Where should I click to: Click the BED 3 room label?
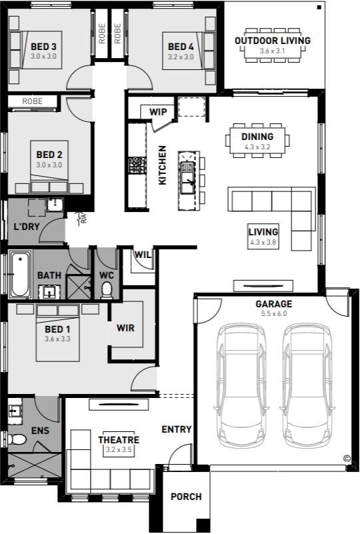click(x=43, y=46)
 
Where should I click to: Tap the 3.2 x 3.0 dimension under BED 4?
click(x=181, y=57)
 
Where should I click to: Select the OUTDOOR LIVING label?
click(x=273, y=41)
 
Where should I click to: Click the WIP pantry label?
click(x=158, y=112)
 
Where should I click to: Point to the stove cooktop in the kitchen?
click(x=137, y=165)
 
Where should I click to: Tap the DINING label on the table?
click(x=257, y=137)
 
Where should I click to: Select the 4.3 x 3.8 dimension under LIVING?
click(x=263, y=243)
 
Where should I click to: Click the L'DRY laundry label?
click(x=27, y=227)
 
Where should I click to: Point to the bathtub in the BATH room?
click(x=20, y=274)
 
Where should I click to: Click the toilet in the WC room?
click(x=107, y=290)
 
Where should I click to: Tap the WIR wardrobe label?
click(x=126, y=328)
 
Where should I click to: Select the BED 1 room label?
click(x=57, y=329)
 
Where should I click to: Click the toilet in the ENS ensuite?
click(x=17, y=439)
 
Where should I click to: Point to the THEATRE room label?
click(x=119, y=439)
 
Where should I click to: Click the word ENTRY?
click(x=177, y=429)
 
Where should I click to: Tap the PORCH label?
click(x=186, y=497)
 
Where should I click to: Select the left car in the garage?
click(x=241, y=386)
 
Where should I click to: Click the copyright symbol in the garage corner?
click(x=347, y=459)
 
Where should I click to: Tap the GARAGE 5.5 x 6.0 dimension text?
click(x=274, y=313)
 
